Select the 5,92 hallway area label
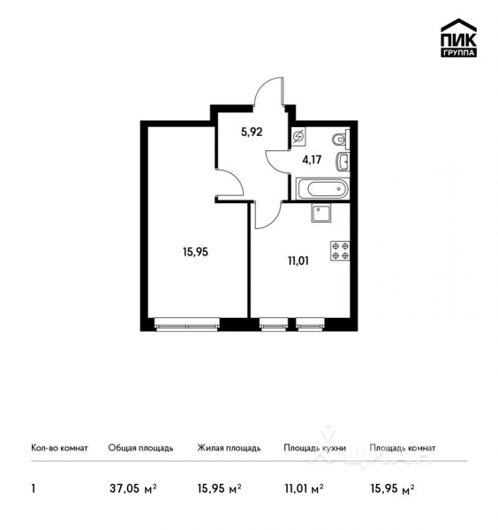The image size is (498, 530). click(253, 133)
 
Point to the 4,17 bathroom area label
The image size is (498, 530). click(313, 161)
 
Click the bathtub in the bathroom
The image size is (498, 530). click(323, 188)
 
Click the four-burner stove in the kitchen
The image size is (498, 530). click(341, 252)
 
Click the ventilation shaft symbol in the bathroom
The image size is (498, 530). click(298, 137)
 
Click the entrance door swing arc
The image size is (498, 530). click(268, 92)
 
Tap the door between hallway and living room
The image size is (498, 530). click(232, 183)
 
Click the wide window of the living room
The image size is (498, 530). click(186, 324)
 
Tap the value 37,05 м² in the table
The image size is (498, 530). click(132, 487)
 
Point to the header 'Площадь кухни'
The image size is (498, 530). click(314, 448)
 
